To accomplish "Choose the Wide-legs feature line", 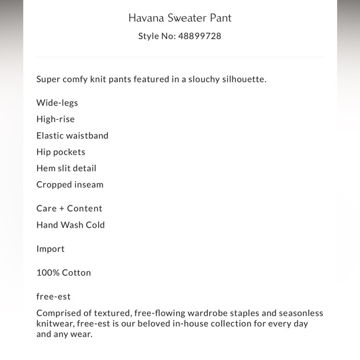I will [57, 103].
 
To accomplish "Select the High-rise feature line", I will [55, 119].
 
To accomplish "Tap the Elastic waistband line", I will [72, 135].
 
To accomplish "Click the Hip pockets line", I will [61, 151].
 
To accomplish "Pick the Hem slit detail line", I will [66, 168].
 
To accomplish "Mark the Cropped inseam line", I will [70, 184].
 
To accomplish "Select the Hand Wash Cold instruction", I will [71, 225].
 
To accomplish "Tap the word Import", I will [50, 249].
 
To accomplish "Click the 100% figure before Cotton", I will [47, 272].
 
